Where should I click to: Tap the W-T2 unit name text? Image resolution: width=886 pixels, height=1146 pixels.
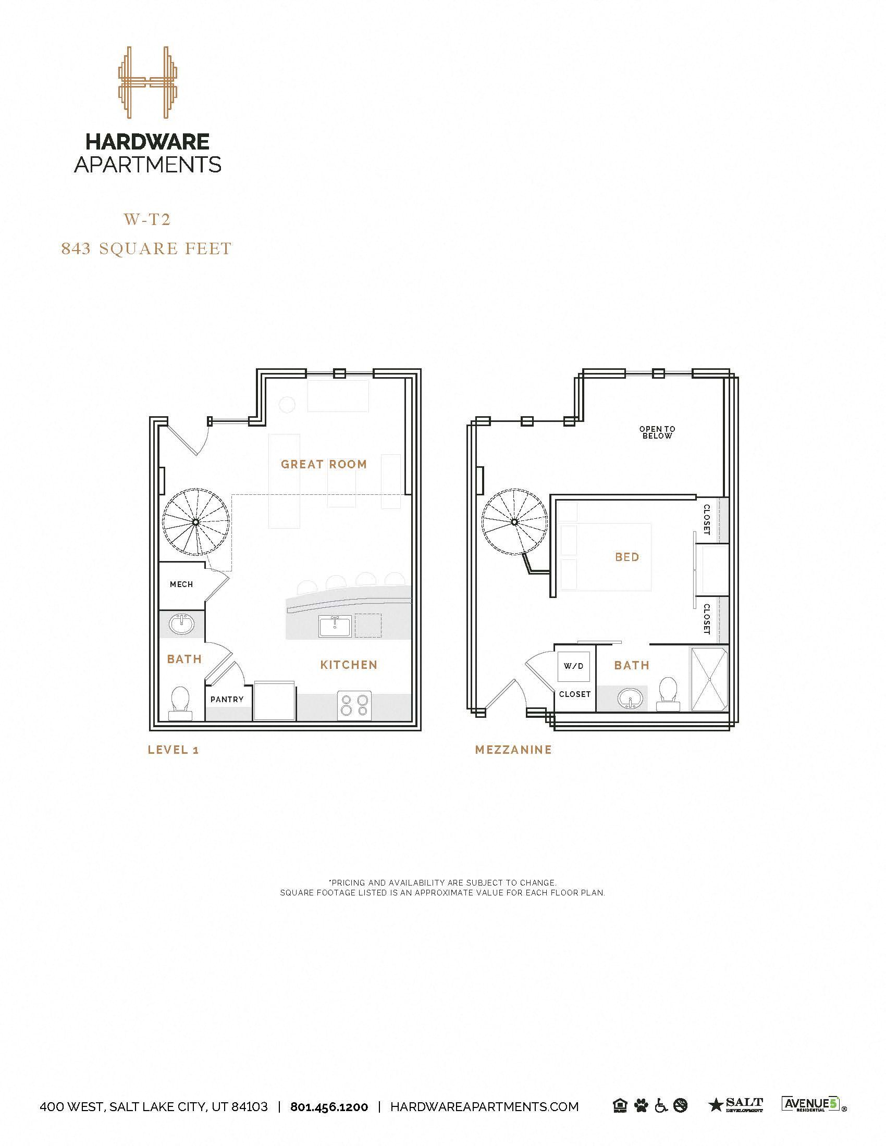point(147,219)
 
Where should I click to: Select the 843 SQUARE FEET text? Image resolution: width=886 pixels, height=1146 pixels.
point(146,248)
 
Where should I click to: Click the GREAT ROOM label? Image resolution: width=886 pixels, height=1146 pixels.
point(323,464)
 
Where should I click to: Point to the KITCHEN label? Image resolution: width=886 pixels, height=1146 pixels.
point(349,665)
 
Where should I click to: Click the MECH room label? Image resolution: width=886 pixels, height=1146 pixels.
point(181,584)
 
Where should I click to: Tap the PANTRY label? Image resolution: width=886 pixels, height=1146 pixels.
point(227,700)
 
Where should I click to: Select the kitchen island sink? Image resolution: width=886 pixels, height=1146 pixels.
point(335,628)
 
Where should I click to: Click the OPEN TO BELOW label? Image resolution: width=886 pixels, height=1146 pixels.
point(657,432)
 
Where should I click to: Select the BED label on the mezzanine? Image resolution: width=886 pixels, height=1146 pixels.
point(626,557)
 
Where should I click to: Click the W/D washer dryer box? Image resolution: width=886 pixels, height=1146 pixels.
point(574,666)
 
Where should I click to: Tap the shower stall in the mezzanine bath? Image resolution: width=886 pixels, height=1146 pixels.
point(709,679)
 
